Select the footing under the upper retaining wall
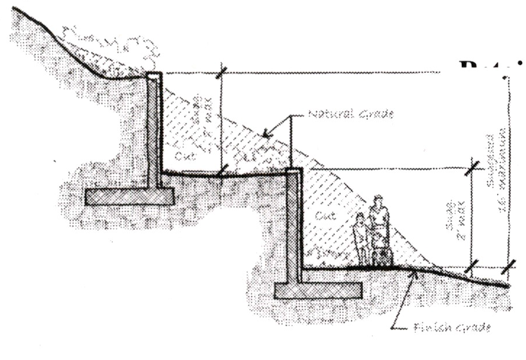point(130,197)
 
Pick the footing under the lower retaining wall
point(318,289)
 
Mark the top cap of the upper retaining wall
point(154,75)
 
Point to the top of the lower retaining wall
point(295,171)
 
